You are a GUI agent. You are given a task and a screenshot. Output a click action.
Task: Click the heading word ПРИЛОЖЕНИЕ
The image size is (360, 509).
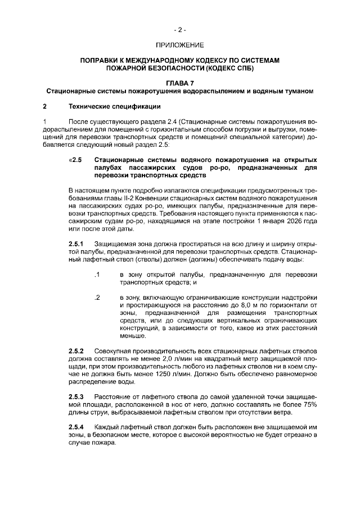click(x=179, y=44)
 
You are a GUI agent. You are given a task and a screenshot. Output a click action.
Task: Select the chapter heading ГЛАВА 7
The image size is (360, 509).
click(x=179, y=83)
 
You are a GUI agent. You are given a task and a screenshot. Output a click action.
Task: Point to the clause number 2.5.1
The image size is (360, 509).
click(x=76, y=242)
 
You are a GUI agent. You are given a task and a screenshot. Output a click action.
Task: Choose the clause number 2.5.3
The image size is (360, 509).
click(x=76, y=396)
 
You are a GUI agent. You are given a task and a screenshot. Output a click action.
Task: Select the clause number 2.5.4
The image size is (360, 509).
click(x=76, y=426)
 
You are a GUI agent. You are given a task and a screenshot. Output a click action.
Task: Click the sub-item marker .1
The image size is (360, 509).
click(x=97, y=274)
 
